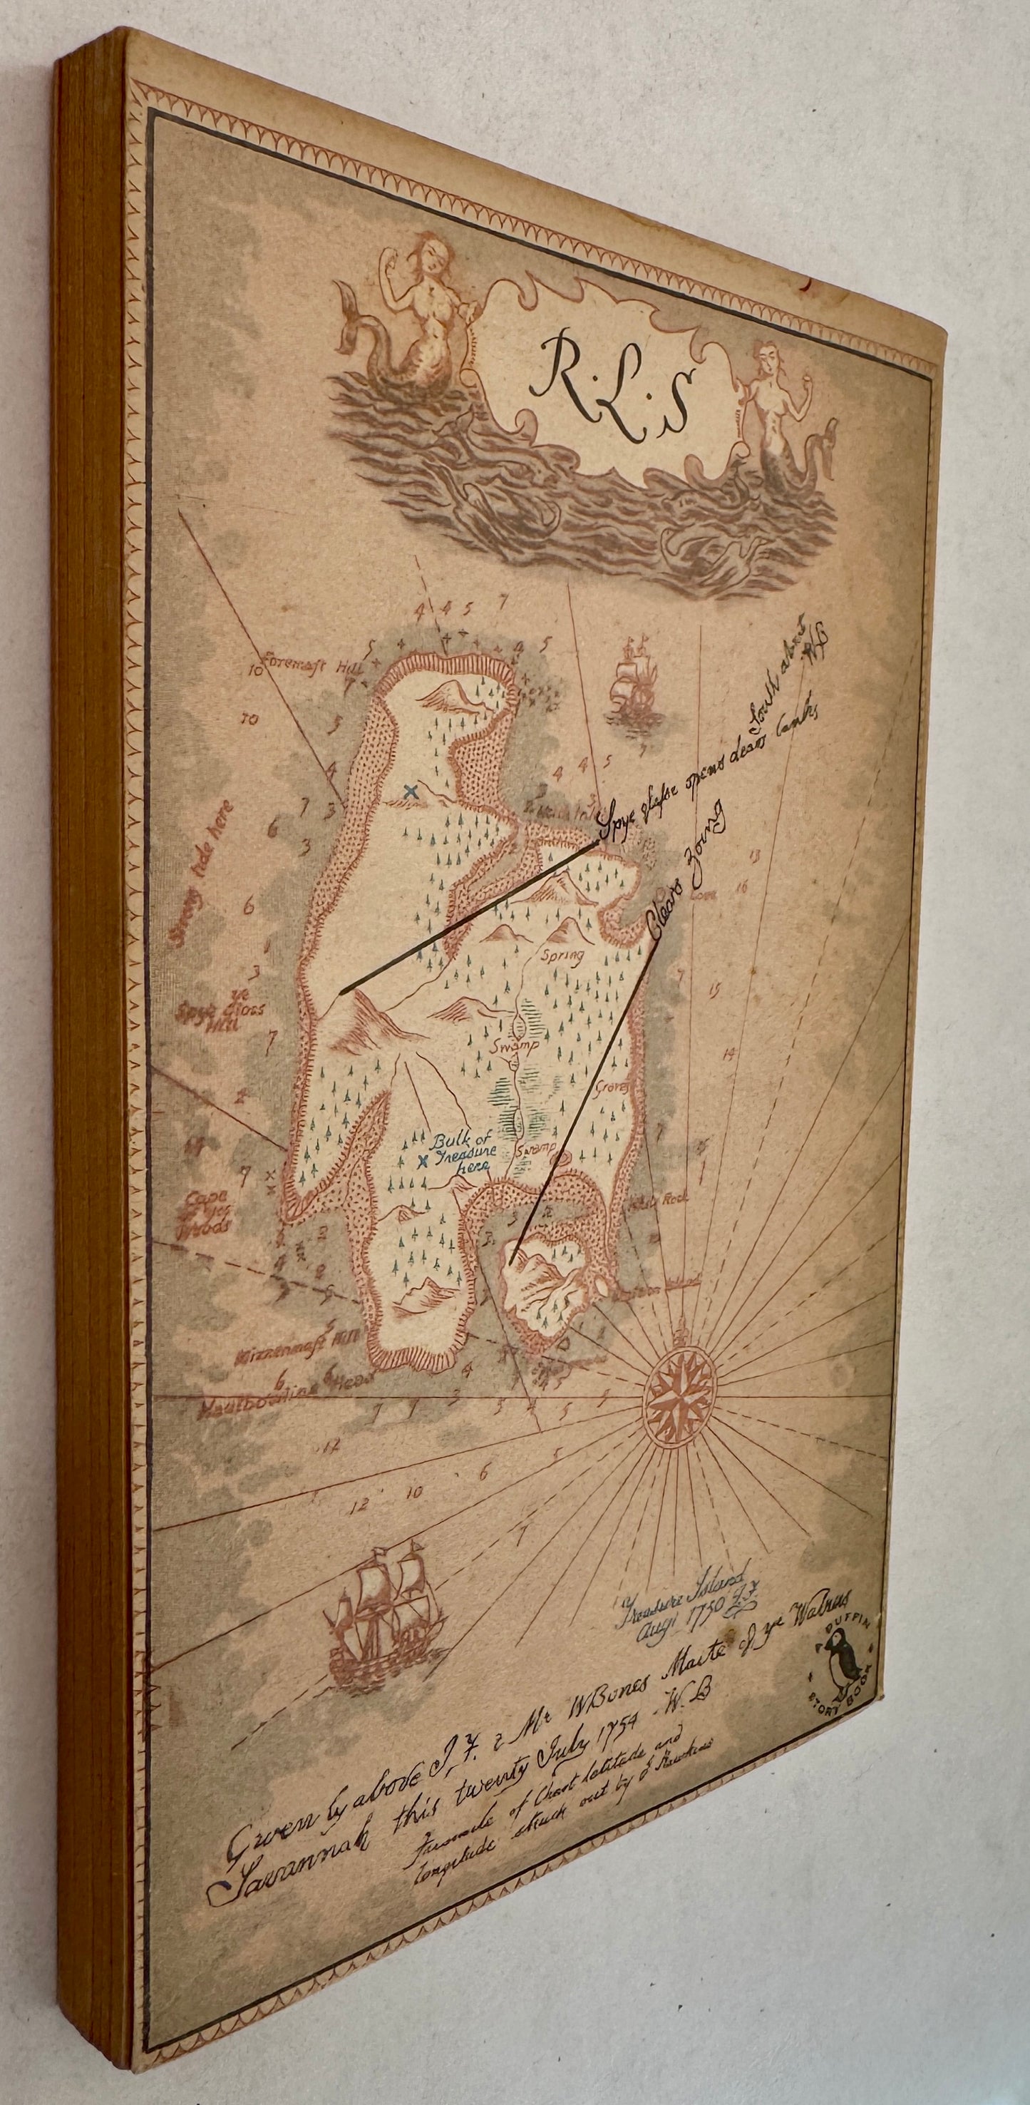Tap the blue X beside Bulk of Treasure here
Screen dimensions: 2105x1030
point(422,1163)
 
